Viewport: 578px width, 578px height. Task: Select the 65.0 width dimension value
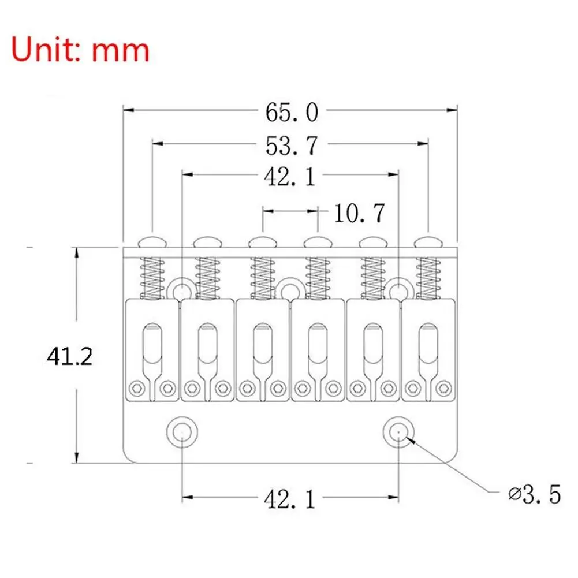coord(292,112)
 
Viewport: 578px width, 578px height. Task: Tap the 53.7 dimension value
coord(292,146)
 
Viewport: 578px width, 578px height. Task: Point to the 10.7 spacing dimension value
coord(359,214)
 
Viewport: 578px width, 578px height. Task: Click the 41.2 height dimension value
coord(69,357)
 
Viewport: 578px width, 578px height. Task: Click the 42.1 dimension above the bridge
coord(290,177)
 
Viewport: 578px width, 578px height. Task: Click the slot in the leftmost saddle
coord(152,346)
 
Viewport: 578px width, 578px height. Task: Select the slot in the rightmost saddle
coord(428,346)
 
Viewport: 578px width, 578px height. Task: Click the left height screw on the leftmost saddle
coord(137,387)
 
